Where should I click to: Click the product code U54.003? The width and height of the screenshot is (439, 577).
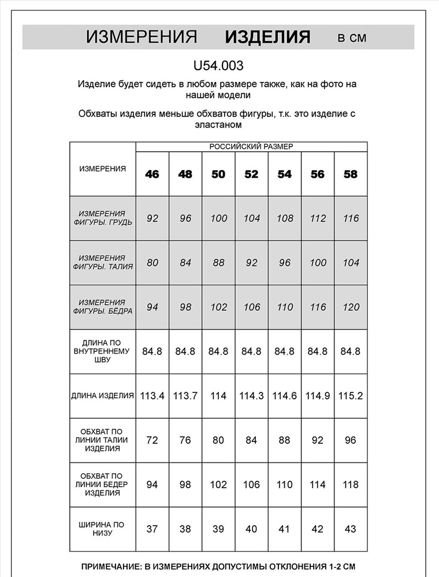[x=218, y=66]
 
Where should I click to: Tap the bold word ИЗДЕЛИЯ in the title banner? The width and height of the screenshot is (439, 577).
[x=267, y=38]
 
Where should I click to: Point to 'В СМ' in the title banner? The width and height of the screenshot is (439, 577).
[x=352, y=38]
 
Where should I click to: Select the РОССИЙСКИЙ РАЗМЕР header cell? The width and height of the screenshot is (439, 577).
[x=251, y=147]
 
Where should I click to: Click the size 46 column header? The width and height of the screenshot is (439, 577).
[x=152, y=174]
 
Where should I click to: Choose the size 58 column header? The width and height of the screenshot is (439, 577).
[x=351, y=174]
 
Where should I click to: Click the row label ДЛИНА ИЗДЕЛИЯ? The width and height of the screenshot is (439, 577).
[x=103, y=396]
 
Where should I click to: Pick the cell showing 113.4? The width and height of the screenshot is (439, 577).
[x=152, y=396]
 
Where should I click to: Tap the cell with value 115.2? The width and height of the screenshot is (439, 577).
[x=351, y=396]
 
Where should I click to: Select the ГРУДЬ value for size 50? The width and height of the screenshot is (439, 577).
[x=218, y=218]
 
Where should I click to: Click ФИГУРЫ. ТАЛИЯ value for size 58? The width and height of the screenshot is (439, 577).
[x=351, y=263]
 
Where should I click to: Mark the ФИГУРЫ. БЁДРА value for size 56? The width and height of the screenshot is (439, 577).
[x=318, y=307]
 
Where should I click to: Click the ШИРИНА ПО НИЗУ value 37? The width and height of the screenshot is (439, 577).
[x=152, y=529]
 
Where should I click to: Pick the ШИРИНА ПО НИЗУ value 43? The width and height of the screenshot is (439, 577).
[x=351, y=529]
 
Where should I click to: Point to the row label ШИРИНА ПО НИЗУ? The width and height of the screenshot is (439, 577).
[x=103, y=529]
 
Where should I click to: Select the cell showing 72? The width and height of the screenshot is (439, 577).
[x=152, y=440]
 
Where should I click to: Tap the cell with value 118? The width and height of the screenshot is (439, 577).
[x=351, y=485]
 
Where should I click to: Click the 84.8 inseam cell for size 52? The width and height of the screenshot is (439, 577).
[x=251, y=351]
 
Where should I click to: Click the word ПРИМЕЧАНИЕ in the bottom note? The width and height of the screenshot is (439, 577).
[x=113, y=566]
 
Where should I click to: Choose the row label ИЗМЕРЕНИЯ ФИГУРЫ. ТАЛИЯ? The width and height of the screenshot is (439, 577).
[x=103, y=263]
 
